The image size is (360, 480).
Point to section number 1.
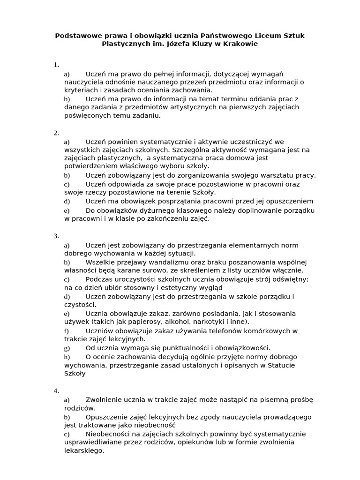coord(56,65)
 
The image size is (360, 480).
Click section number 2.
coord(56,133)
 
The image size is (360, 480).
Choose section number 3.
coord(56,236)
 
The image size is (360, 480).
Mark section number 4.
coord(56,390)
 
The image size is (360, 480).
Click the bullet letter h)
coord(67,357)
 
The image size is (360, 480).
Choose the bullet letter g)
coord(67,348)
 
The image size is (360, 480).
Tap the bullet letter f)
coord(66,331)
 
